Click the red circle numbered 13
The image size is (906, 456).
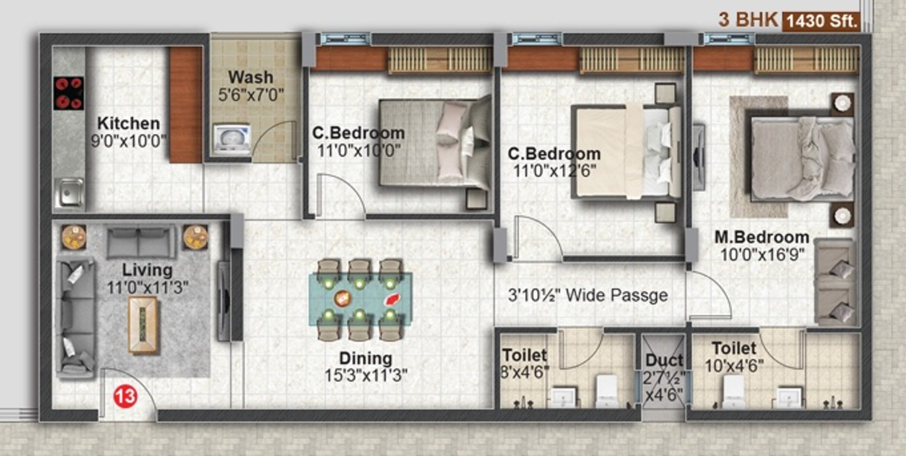[125, 396]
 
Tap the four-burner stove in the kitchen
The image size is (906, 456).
[69, 93]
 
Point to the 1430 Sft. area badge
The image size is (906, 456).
[821, 21]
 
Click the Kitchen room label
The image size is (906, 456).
[128, 123]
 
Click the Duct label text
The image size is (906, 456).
[664, 360]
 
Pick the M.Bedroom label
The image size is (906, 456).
[762, 237]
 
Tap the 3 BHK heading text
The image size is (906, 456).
[748, 20]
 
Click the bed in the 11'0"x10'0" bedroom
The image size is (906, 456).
[435, 143]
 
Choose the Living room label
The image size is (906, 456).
[147, 270]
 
